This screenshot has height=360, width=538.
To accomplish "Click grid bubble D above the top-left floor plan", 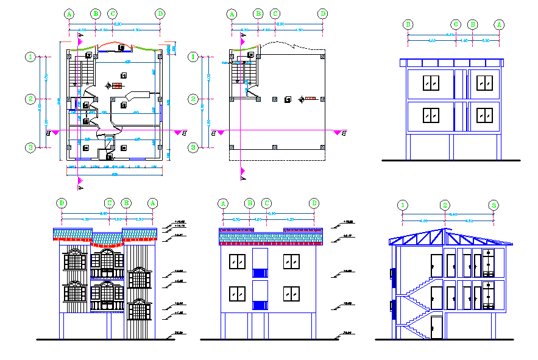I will (x=160, y=13).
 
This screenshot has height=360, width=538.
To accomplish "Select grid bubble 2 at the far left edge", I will (x=30, y=99).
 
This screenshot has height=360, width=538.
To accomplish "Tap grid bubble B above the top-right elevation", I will (x=473, y=24).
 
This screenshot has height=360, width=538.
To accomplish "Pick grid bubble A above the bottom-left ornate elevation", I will (x=153, y=203).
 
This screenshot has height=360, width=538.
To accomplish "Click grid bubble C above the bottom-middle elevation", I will (x=266, y=203).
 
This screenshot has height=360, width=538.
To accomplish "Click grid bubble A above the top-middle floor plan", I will (x=232, y=13).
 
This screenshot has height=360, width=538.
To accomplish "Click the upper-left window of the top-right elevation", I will (x=432, y=83).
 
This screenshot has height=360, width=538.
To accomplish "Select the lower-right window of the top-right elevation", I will (x=485, y=115).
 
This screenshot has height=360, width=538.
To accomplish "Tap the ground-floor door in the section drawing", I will (x=436, y=327).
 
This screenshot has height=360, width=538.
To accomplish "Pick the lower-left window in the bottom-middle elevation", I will (x=237, y=293).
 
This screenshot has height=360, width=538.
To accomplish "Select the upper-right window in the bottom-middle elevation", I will (x=291, y=261).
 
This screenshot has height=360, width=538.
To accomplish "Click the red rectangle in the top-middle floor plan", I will (x=311, y=97).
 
